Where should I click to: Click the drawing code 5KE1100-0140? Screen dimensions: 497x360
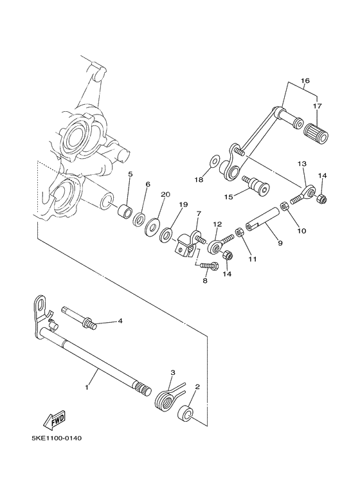56,439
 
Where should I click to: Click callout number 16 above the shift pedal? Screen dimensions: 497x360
305,82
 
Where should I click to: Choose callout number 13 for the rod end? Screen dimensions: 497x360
302,165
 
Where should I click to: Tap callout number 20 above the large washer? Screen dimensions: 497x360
165,195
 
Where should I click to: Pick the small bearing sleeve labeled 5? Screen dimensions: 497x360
126,212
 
